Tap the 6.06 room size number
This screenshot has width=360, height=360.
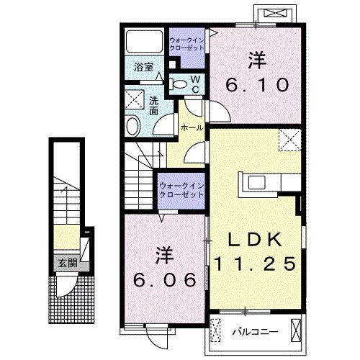pos(164,279)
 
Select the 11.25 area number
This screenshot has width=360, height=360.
pos(254,264)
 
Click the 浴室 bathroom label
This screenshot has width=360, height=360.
pos(143,68)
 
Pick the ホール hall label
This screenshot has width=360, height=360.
pos(192,127)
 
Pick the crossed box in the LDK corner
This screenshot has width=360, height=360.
pos(289,137)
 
